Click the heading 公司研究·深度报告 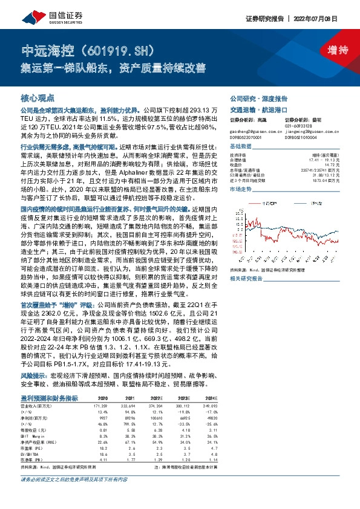258,98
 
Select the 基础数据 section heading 241,148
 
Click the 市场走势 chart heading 241,190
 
